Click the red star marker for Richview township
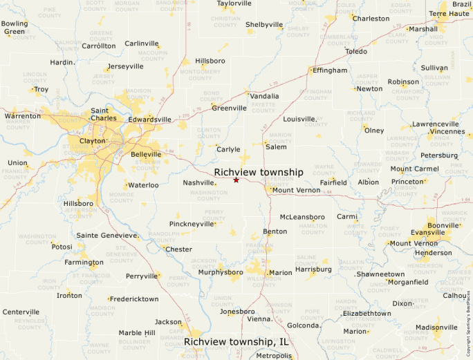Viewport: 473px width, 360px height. [236, 180]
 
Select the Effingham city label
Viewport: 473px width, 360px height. [330, 70]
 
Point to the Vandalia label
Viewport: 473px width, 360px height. [264, 96]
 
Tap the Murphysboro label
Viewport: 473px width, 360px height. [221, 272]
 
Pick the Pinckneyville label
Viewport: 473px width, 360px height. [192, 225]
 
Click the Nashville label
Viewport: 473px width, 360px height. [198, 182]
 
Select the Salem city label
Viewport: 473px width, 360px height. [276, 147]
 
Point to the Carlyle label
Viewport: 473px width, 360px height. [228, 149]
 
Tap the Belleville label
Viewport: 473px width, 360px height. [146, 155]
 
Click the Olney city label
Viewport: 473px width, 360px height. [374, 131]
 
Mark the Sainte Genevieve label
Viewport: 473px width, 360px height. [106, 236]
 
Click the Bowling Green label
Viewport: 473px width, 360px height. [15, 28]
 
